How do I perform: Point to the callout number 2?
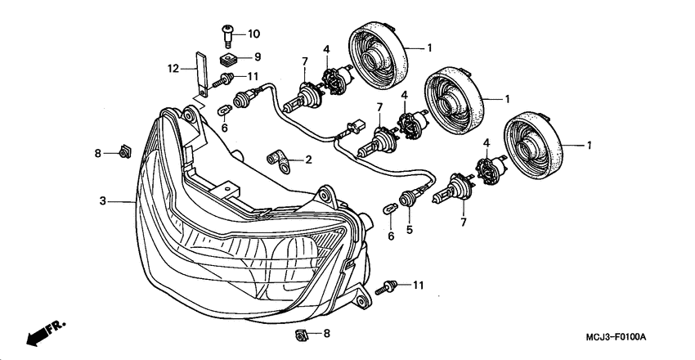(308, 160)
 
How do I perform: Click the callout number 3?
(103, 200)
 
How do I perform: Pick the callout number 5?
(410, 230)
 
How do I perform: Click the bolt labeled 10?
(228, 34)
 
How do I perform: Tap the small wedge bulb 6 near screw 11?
(224, 109)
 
